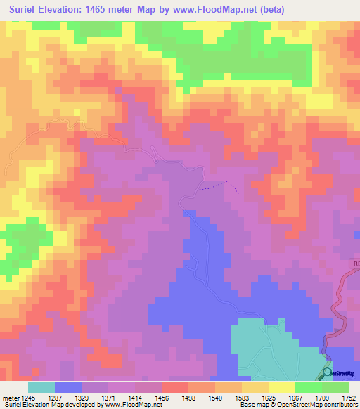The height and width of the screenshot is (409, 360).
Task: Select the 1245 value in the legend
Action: [28, 397]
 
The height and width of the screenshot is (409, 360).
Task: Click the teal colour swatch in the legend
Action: [41, 387]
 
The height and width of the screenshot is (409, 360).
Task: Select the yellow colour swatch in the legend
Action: [282, 387]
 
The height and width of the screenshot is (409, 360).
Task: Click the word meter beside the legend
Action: [9, 397]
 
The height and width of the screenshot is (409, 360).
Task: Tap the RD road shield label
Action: [354, 263]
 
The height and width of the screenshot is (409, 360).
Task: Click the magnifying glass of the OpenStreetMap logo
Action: [328, 373]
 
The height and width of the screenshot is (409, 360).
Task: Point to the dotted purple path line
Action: [219, 186]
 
